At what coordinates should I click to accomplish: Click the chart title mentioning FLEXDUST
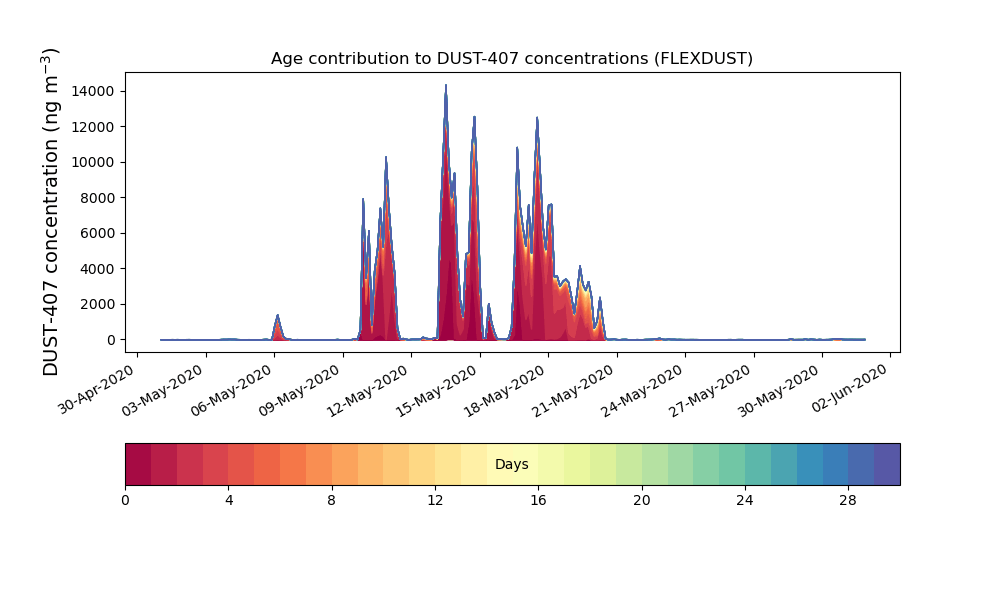pos(511,59)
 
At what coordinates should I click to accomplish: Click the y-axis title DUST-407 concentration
pos(50,212)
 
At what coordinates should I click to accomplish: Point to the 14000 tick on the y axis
pos(93,91)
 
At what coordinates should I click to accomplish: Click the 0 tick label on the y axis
pos(112,340)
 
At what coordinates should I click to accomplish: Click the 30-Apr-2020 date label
pos(97,390)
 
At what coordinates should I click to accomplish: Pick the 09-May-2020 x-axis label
pos(303,390)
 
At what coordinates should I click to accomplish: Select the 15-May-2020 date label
pos(440,390)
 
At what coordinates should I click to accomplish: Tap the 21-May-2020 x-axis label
pos(577,390)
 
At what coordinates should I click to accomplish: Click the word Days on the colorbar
pos(511,464)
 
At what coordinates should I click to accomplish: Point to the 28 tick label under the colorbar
pos(848,501)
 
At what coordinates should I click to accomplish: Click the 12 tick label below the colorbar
pos(435,501)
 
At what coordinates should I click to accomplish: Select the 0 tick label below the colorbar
pos(125,501)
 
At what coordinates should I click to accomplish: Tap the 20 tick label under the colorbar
pos(642,501)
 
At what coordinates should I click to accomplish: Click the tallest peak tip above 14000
pos(446,85)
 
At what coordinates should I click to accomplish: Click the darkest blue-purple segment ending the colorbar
pos(887,464)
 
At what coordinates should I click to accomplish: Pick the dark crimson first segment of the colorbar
pos(138,464)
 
